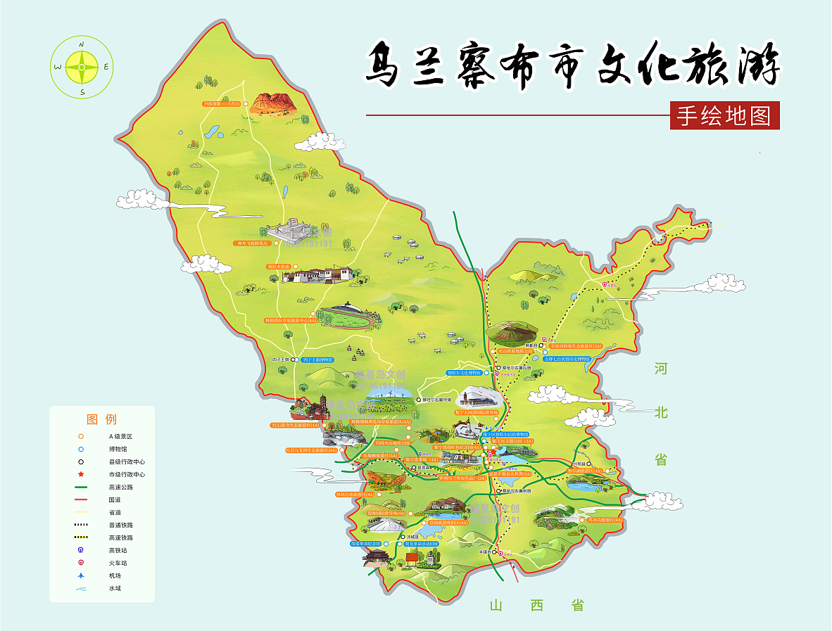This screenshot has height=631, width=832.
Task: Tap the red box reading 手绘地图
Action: (724, 116)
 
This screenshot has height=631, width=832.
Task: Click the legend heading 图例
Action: (101, 420)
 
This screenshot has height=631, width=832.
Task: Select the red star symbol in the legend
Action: (81, 474)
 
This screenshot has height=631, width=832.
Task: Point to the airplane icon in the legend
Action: (81, 575)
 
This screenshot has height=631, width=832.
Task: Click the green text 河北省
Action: (660, 414)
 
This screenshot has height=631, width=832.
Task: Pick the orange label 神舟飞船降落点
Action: (251, 243)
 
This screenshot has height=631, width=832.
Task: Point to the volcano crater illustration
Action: (512, 332)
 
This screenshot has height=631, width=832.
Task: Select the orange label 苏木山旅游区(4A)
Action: (599, 520)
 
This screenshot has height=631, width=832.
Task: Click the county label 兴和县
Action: (579, 464)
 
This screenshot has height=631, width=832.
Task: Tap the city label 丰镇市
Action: (484, 552)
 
